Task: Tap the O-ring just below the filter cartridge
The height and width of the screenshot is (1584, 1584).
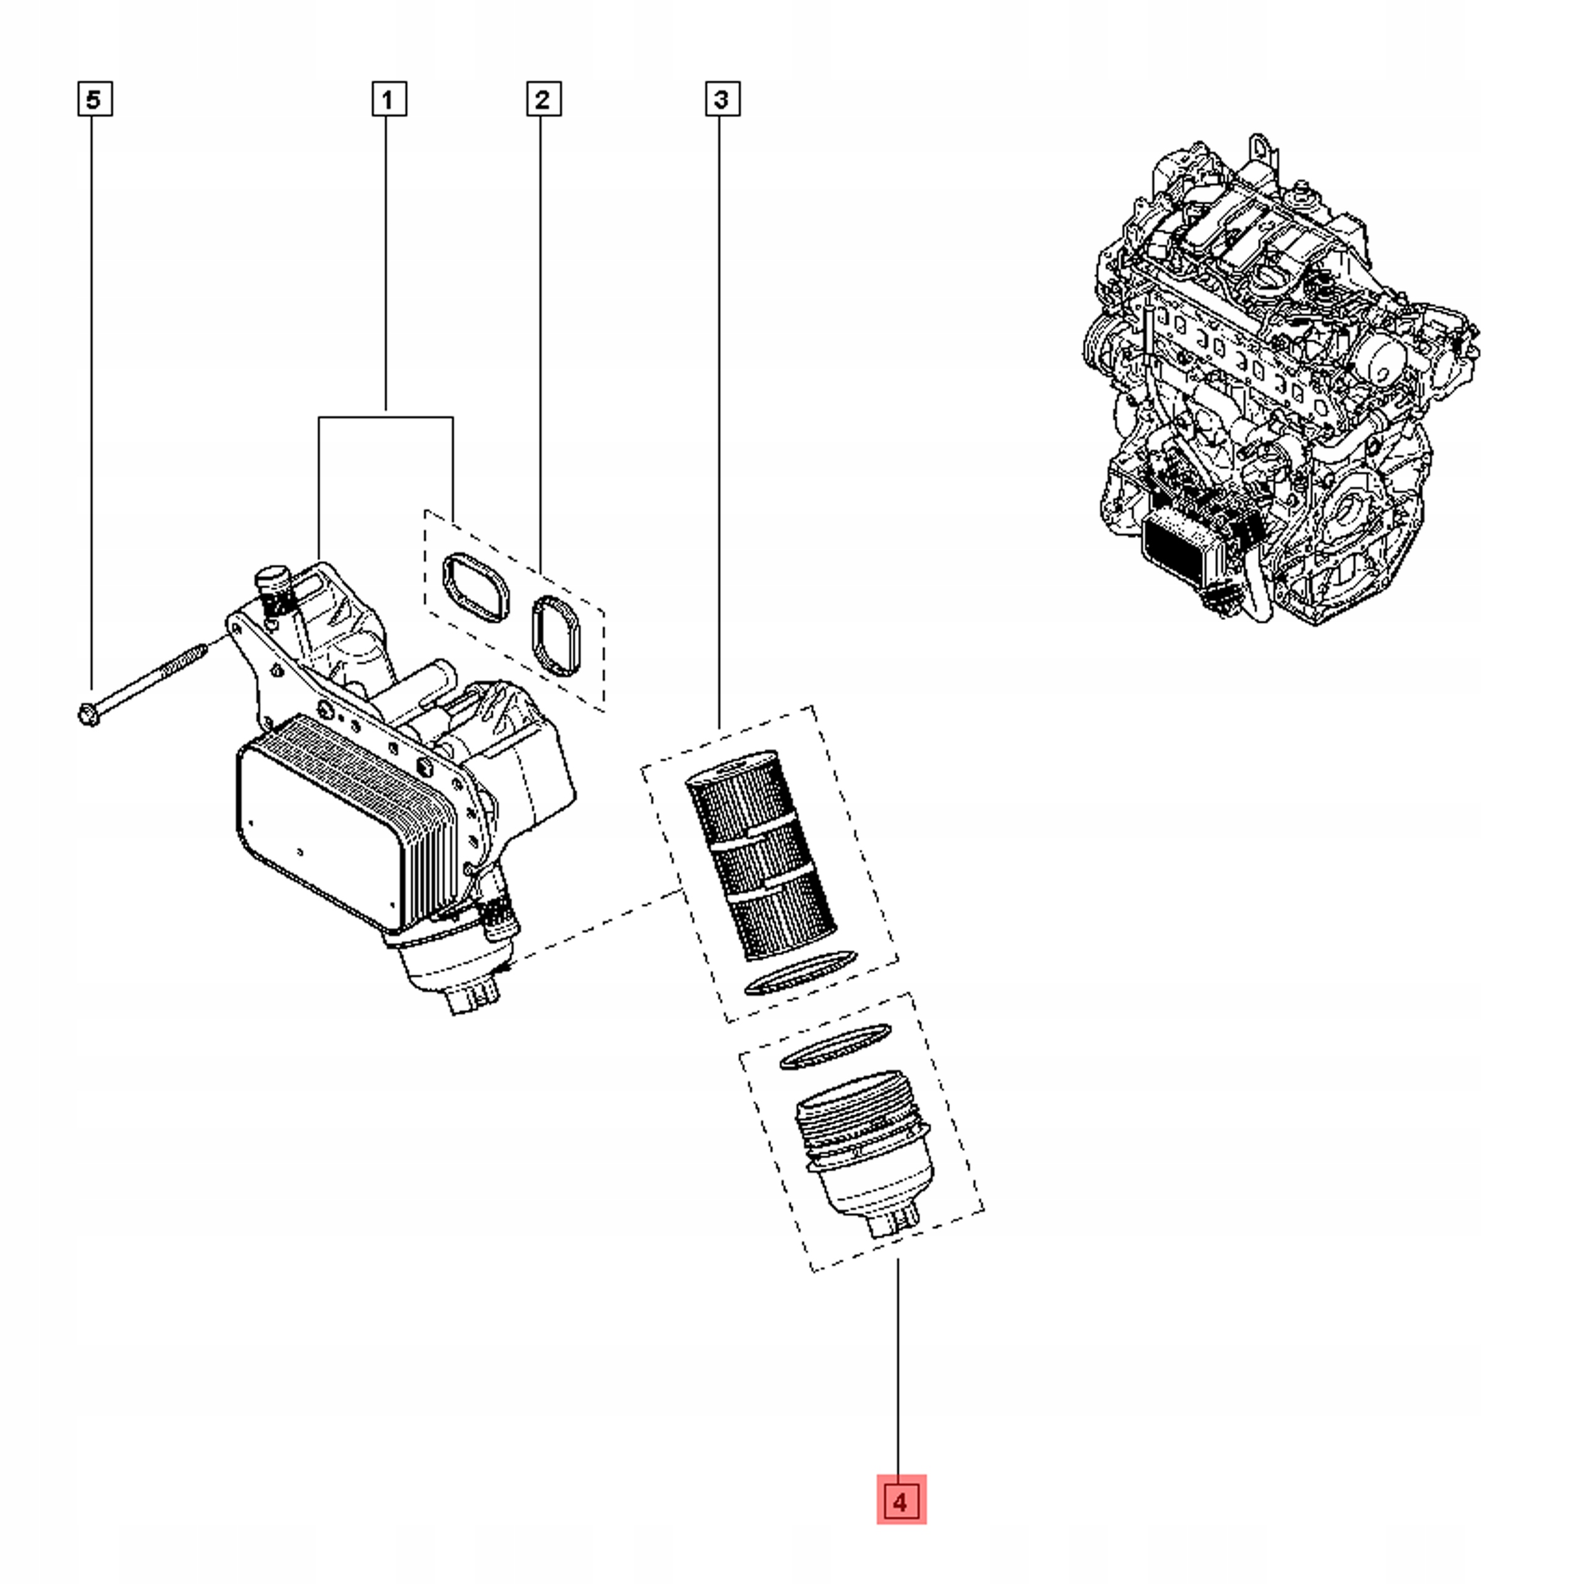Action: click(799, 973)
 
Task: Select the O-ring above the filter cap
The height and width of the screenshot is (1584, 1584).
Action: click(835, 1047)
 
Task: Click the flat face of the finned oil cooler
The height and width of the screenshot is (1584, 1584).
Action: click(312, 828)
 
